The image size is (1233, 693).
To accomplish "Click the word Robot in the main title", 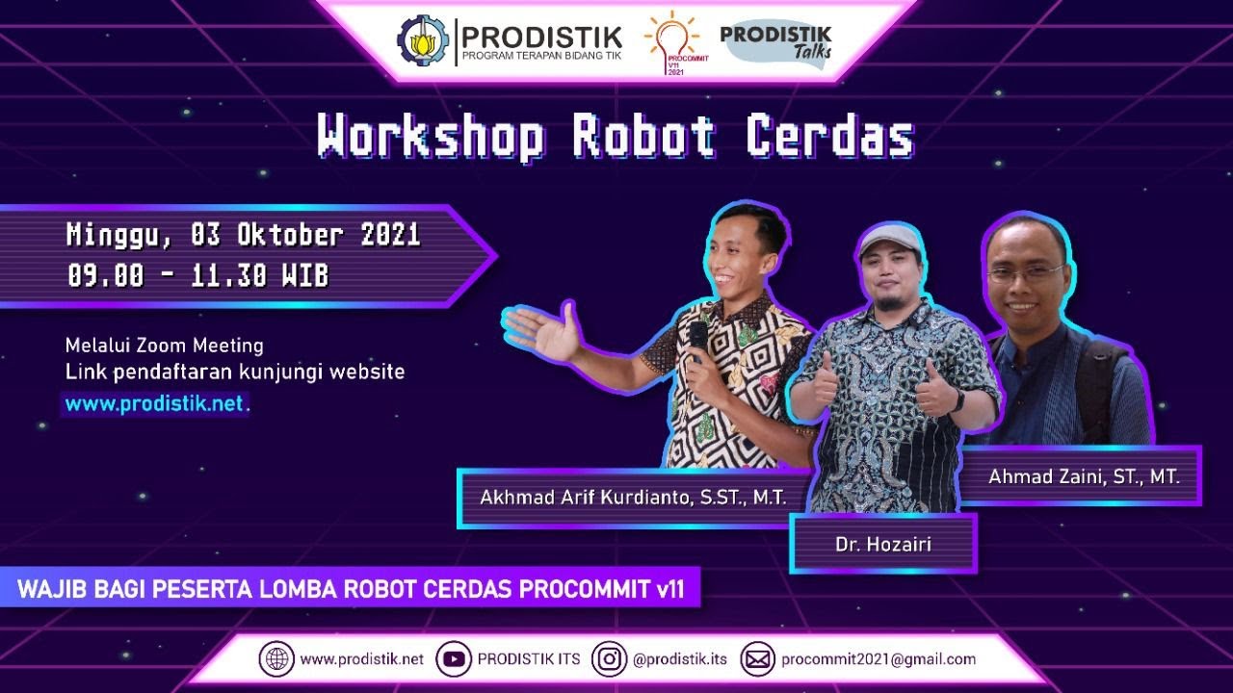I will pos(643,137).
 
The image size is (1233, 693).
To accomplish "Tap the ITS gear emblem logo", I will pos(423,40).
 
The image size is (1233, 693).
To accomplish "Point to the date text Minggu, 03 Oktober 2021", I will pos(243,235).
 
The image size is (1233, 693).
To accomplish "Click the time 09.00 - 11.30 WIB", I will pos(197,276).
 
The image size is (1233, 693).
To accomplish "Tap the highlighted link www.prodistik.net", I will pos(154,404).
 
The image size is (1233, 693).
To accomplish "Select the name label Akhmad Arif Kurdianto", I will pos(633,498).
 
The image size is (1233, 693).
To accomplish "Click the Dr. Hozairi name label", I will pos(882,545).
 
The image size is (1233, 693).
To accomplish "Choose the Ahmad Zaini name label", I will pos(1084,475).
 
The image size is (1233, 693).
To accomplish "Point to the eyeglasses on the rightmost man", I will pos(1024,272).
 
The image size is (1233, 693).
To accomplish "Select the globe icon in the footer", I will pos(276,659).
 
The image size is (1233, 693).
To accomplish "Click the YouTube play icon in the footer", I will pos(454,659).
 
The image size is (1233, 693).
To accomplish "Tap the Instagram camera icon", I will pos(609,659).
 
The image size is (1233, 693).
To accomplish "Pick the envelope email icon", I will pos(758,659).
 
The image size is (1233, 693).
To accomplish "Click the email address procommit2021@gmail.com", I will pos(879,659).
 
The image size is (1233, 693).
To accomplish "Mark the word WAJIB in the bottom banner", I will pos(49,589).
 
